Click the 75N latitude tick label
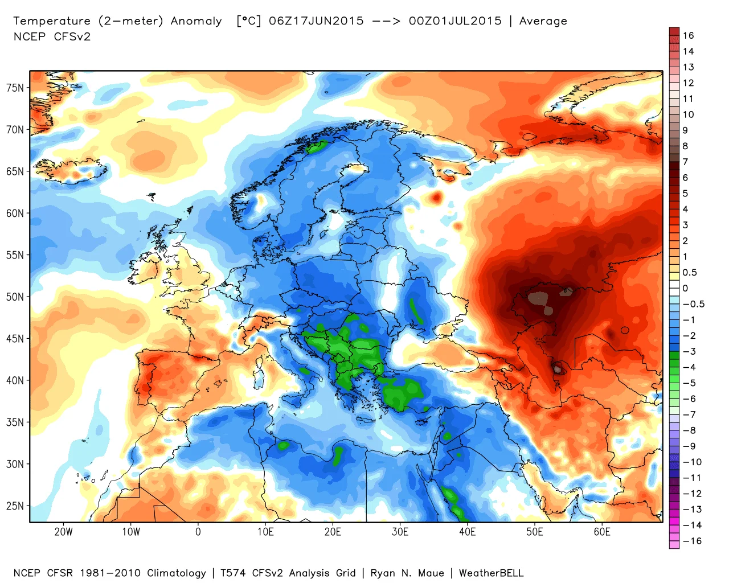coord(15,88)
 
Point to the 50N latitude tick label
coord(15,297)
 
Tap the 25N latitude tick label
coord(15,506)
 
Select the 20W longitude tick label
coord(63,532)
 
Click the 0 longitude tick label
coord(198,532)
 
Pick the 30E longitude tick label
coord(400,532)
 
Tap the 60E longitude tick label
coord(602,532)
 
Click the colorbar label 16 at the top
coord(689,35)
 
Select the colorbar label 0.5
coord(690,273)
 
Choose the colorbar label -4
coord(689,367)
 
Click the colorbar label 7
coord(686,162)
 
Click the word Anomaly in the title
coord(196,21)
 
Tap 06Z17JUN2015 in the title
coord(316,21)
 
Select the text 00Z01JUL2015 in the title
coord(455,21)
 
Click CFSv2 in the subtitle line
coord(72,36)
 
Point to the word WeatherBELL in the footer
coord(491,573)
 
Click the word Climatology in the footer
coord(177,573)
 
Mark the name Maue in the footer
coord(431,573)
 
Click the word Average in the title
coord(543,21)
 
